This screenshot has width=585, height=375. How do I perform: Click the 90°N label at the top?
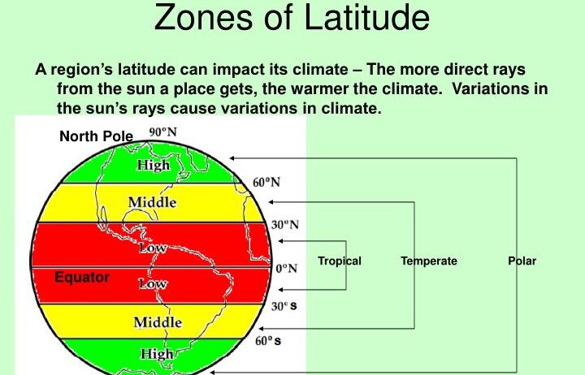coord(163,132)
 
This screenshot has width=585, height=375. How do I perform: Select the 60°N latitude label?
coord(266,183)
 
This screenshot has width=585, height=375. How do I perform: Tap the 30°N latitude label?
coord(285,225)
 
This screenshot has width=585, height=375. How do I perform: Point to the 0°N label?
coord(287,269)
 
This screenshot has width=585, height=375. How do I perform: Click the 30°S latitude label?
coord(284,306)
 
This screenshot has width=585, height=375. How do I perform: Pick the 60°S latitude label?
coord(268,341)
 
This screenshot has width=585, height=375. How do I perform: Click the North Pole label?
coord(96,136)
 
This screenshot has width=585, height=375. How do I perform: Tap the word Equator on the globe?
coord(82,278)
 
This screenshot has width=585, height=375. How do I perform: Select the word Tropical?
coord(340,261)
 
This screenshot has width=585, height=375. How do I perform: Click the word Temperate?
coord(429,261)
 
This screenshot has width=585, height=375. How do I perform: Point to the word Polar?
coord(522,261)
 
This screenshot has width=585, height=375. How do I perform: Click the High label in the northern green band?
coord(154,165)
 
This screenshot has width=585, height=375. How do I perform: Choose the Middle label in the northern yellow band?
coord(152,202)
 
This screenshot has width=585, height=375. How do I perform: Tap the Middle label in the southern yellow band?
coord(158,322)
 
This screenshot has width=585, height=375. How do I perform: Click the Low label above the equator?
coord(153,248)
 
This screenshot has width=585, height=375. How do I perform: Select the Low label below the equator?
coord(153,283)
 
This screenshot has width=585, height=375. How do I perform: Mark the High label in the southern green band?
coord(157,354)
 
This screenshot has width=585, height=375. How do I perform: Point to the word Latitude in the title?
coord(366,17)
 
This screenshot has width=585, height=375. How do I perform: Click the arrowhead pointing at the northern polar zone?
coord(232,158)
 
